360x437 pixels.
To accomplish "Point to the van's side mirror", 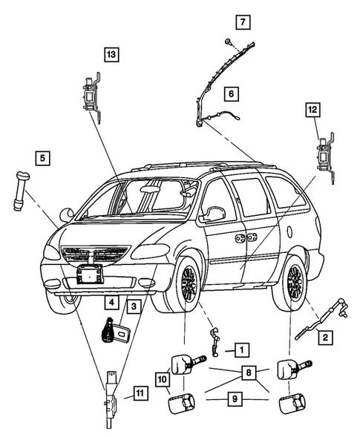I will pos(215,214).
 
